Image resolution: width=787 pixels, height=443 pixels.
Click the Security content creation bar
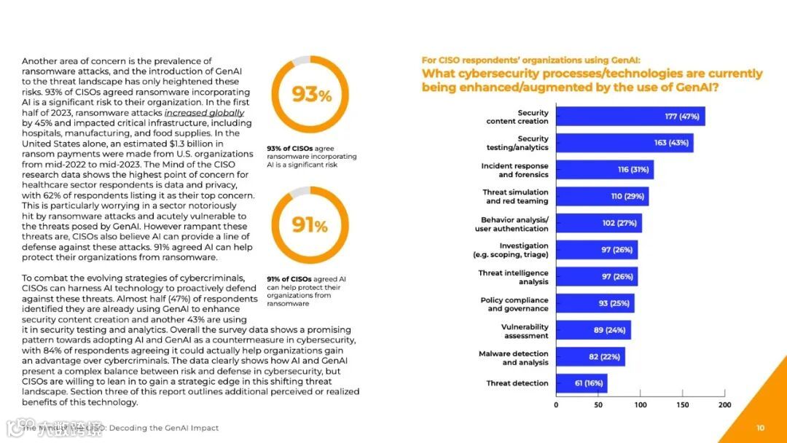pyautogui.click(x=630, y=117)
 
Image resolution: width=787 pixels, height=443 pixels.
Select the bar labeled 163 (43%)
pyautogui.click(x=624, y=143)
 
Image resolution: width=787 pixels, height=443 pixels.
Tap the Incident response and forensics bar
pyautogui.click(x=605, y=170)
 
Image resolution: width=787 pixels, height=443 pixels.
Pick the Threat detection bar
pyautogui.click(x=582, y=383)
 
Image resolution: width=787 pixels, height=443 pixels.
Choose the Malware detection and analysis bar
pyautogui.click(x=590, y=357)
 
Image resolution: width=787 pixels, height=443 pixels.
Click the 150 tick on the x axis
pyautogui.click(x=682, y=404)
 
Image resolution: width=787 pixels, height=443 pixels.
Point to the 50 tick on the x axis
pyautogui.click(x=598, y=404)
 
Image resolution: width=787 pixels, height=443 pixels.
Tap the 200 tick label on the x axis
pyautogui.click(x=724, y=404)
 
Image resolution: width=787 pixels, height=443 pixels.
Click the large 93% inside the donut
pyautogui.click(x=311, y=95)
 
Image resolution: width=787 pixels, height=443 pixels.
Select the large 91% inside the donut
pyautogui.click(x=311, y=226)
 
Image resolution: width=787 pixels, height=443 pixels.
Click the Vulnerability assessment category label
pyautogui.click(x=525, y=332)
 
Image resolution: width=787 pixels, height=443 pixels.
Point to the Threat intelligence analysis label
pyautogui.click(x=513, y=278)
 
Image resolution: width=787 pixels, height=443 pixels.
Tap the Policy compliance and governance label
pyautogui.click(x=514, y=305)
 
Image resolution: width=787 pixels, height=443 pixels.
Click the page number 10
pyautogui.click(x=760, y=428)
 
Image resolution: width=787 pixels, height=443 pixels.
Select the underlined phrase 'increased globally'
pyautogui.click(x=204, y=113)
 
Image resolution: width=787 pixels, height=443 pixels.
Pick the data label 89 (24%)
pyautogui.click(x=610, y=330)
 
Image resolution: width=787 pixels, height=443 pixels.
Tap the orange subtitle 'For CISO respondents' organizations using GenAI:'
pyautogui.click(x=530, y=60)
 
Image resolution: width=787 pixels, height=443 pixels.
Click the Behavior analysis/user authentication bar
pyautogui.click(x=599, y=224)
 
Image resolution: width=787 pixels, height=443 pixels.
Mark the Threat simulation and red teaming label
pyautogui.click(x=515, y=197)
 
